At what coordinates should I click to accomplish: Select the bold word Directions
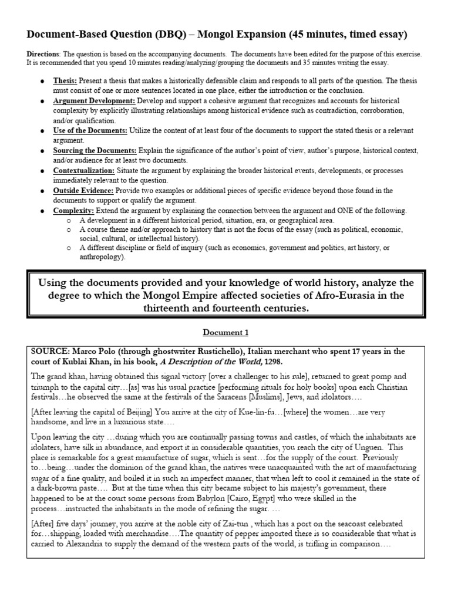43,54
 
